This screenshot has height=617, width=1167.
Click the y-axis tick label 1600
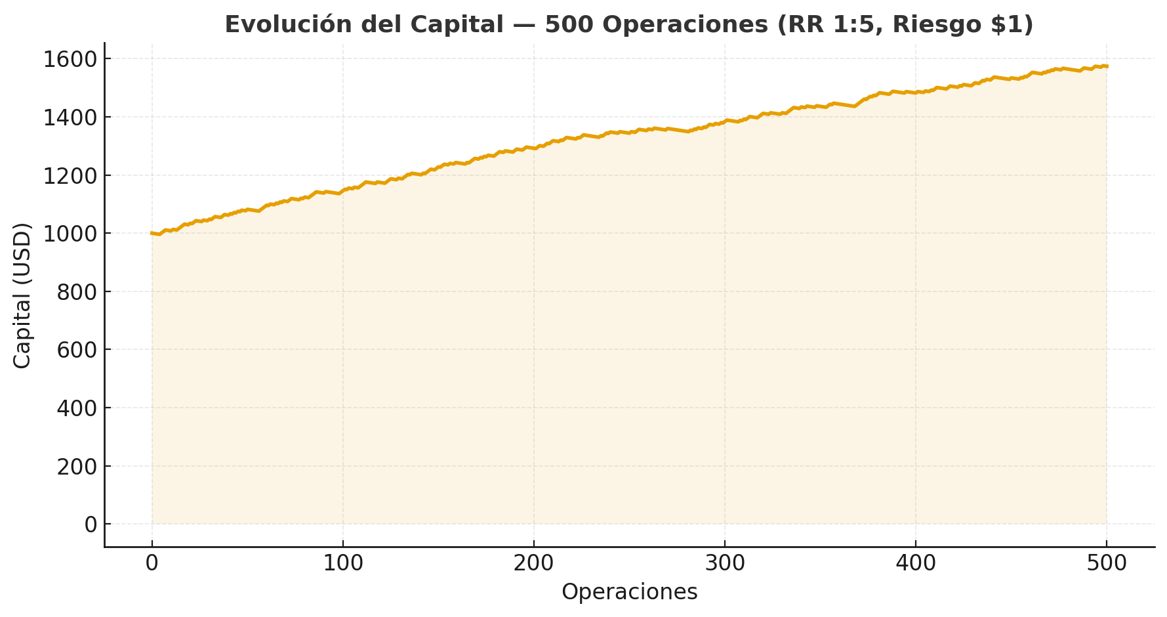70,59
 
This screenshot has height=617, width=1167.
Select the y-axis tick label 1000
70,234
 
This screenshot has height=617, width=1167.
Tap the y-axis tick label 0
91,524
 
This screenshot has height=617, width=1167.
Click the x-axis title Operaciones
629,592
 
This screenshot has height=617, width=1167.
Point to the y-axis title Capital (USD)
22,295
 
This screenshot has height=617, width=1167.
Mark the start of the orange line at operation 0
152,233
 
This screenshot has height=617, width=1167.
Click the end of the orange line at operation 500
1107,66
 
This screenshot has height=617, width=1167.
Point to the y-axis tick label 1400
70,117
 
